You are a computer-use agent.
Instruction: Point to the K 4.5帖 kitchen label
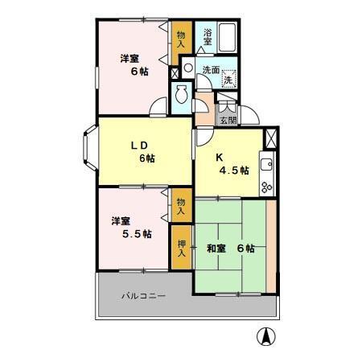232,164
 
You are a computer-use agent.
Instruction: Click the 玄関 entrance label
228,121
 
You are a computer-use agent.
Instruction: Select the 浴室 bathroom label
207,36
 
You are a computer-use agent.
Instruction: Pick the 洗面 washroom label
211,69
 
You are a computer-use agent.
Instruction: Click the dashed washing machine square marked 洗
229,78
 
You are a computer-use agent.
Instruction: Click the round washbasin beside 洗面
188,68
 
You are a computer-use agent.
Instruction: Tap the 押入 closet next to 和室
182,249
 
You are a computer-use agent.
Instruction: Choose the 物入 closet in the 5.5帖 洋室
182,206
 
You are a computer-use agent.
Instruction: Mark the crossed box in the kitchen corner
270,138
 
